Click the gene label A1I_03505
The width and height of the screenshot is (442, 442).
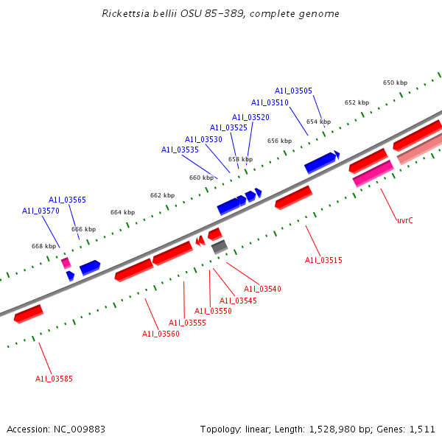(x=293, y=91)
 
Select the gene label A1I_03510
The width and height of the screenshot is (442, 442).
(x=270, y=103)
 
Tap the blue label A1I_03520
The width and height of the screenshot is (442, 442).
(x=250, y=117)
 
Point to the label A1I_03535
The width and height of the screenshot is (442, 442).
(x=180, y=150)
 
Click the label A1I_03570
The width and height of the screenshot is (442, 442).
(x=41, y=211)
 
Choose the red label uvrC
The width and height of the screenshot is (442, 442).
(x=404, y=220)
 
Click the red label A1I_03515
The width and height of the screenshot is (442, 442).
(x=323, y=260)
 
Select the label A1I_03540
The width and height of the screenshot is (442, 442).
(x=262, y=289)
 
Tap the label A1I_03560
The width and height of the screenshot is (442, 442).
(x=161, y=334)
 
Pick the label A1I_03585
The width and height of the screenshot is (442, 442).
(x=54, y=379)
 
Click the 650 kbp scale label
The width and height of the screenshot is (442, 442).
(x=395, y=83)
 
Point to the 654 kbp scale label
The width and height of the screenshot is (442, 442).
(x=318, y=122)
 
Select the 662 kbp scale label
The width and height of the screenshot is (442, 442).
(x=162, y=195)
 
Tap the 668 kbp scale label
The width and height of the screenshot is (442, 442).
(x=43, y=246)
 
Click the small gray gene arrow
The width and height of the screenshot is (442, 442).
(x=220, y=248)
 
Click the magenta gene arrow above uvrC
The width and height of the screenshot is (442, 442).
(x=373, y=174)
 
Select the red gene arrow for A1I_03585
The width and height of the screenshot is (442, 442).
(x=29, y=314)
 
